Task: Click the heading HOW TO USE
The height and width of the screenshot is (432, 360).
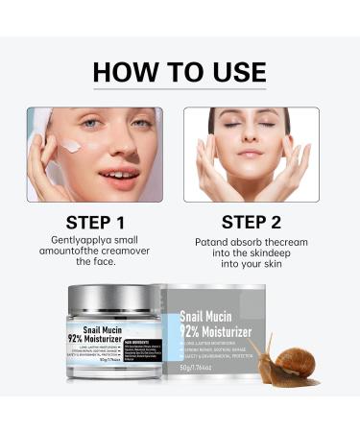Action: (180, 71)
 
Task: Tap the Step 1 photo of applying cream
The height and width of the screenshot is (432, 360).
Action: (95, 155)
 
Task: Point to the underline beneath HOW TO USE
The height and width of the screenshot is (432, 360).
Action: (180, 92)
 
